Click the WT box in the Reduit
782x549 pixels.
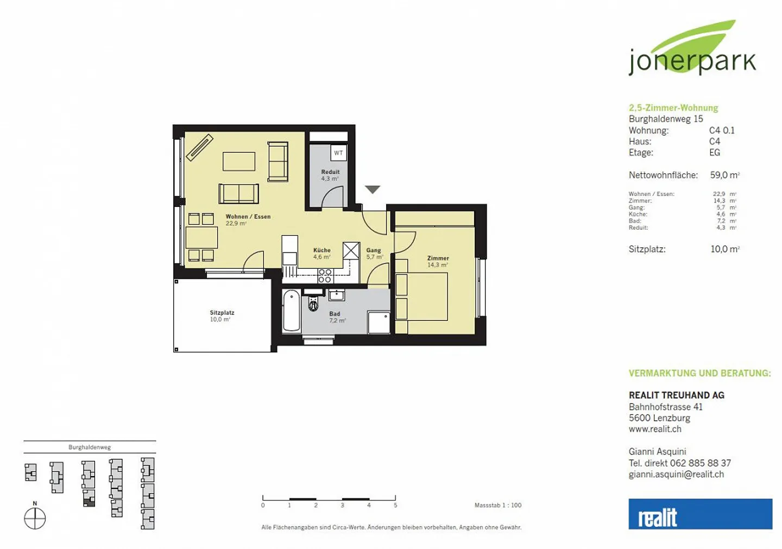(x=338, y=153)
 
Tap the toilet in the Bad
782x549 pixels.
(x=313, y=304)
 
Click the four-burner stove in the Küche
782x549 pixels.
(x=325, y=276)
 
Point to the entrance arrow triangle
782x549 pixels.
(x=373, y=190)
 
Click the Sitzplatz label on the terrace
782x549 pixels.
(x=222, y=313)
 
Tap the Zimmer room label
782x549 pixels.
(x=438, y=258)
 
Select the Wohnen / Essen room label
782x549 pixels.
(x=248, y=217)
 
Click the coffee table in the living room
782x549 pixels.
(x=239, y=161)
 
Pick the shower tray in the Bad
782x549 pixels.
(x=379, y=323)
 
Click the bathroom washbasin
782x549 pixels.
(x=337, y=295)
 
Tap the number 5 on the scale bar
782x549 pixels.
(x=395, y=506)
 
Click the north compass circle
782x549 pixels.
(x=35, y=518)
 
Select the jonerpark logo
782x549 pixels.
(x=692, y=48)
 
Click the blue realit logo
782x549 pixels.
(x=701, y=514)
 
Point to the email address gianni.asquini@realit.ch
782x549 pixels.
(x=676, y=474)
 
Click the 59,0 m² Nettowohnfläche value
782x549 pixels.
(x=725, y=175)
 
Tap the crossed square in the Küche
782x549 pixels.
(x=351, y=250)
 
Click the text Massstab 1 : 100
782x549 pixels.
(x=498, y=505)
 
